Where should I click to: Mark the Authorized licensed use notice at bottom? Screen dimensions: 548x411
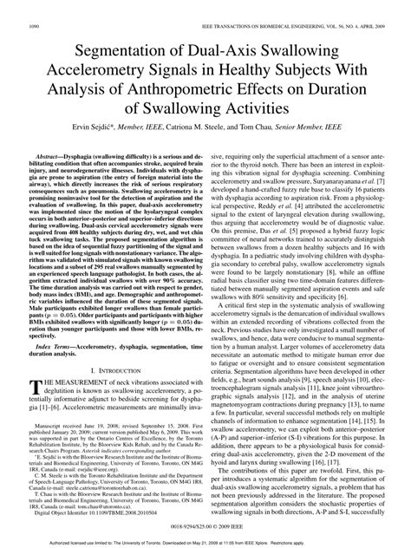(205, 543)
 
